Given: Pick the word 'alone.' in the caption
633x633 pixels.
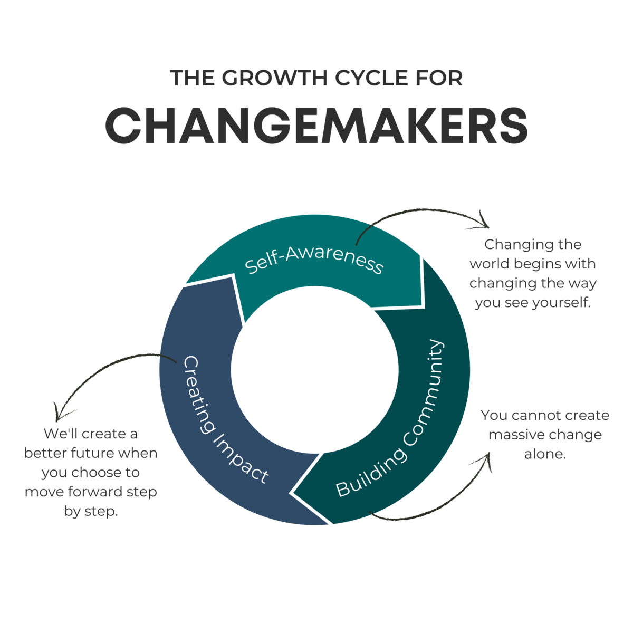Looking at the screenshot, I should [545, 454].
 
